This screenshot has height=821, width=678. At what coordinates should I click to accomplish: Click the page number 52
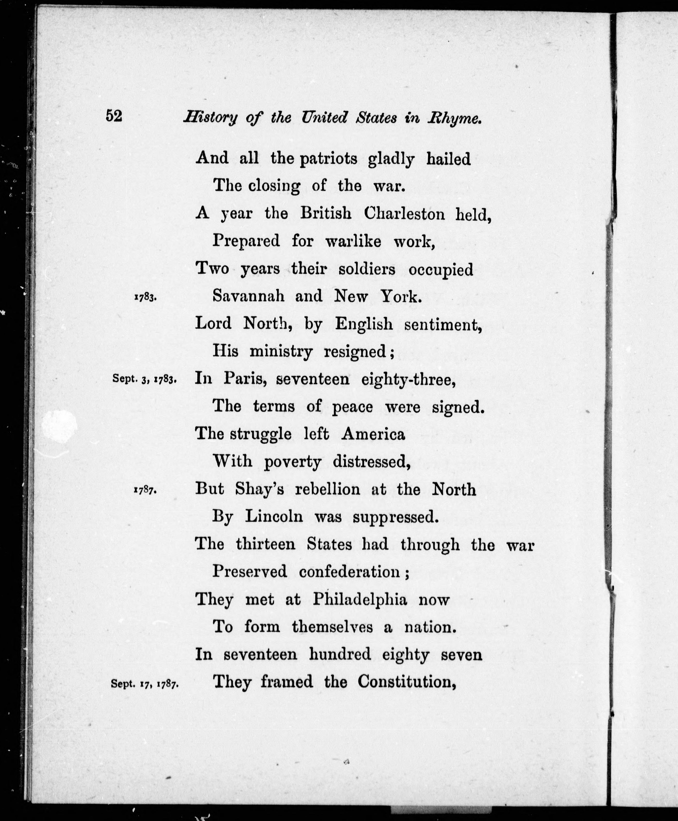[x=114, y=116]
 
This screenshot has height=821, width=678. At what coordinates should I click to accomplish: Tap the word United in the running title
[x=324, y=117]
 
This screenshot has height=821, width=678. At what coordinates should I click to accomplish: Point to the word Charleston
[x=404, y=214]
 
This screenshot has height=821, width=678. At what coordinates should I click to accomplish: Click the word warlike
[x=353, y=241]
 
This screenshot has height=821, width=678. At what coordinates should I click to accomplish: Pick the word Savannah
[x=248, y=297]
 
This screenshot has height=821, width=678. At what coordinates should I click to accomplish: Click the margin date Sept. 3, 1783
[x=145, y=379]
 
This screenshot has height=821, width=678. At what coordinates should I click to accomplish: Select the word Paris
[x=245, y=378]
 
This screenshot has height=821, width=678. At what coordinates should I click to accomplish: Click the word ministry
[x=281, y=352]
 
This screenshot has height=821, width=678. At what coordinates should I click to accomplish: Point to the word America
[x=373, y=434]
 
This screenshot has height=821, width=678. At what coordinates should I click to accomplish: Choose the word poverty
[x=292, y=462]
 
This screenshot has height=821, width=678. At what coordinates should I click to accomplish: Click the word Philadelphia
[x=360, y=600]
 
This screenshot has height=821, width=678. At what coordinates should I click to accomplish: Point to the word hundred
[x=340, y=654]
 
